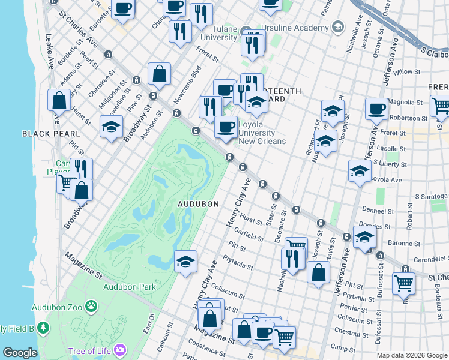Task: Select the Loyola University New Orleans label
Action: tap(262, 133)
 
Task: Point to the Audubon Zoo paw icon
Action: tap(91, 307)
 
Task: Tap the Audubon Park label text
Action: tap(129, 287)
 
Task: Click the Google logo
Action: tap(19, 353)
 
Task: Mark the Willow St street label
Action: tap(408, 72)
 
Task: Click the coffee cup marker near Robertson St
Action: tap(376, 109)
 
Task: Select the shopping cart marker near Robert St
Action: tap(404, 283)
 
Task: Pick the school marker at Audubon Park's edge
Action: tap(186, 261)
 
